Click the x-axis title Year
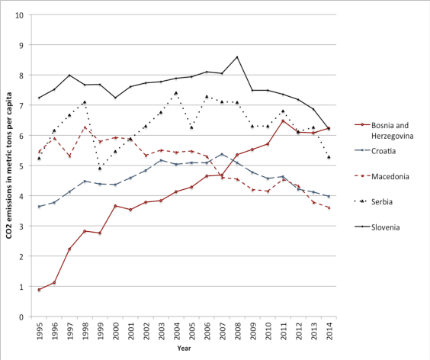(184, 349)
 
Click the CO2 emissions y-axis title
(9, 166)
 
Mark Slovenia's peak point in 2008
(237, 57)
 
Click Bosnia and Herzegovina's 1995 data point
(40, 290)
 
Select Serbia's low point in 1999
(100, 168)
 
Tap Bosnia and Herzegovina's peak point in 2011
(283, 121)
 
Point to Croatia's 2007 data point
(222, 154)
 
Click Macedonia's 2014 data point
(329, 207)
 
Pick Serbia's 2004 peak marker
(176, 93)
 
